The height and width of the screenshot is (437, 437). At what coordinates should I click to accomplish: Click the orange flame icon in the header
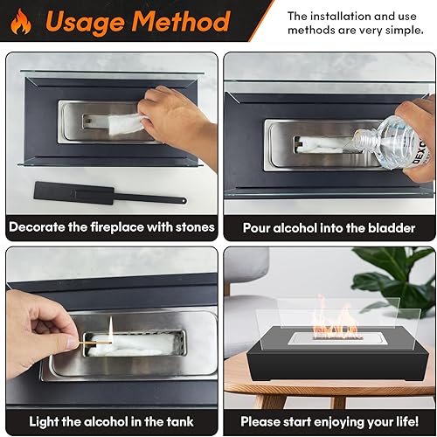(21, 22)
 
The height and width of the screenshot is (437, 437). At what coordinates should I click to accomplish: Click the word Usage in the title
(85, 23)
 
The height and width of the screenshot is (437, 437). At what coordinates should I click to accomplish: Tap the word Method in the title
(181, 21)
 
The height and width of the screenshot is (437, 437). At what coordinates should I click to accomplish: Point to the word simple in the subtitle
(405, 30)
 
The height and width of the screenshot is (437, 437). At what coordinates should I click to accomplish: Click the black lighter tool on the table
(110, 194)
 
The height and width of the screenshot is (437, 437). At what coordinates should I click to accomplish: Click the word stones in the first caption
(195, 227)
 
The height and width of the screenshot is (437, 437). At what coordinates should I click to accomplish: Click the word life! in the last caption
(407, 421)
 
